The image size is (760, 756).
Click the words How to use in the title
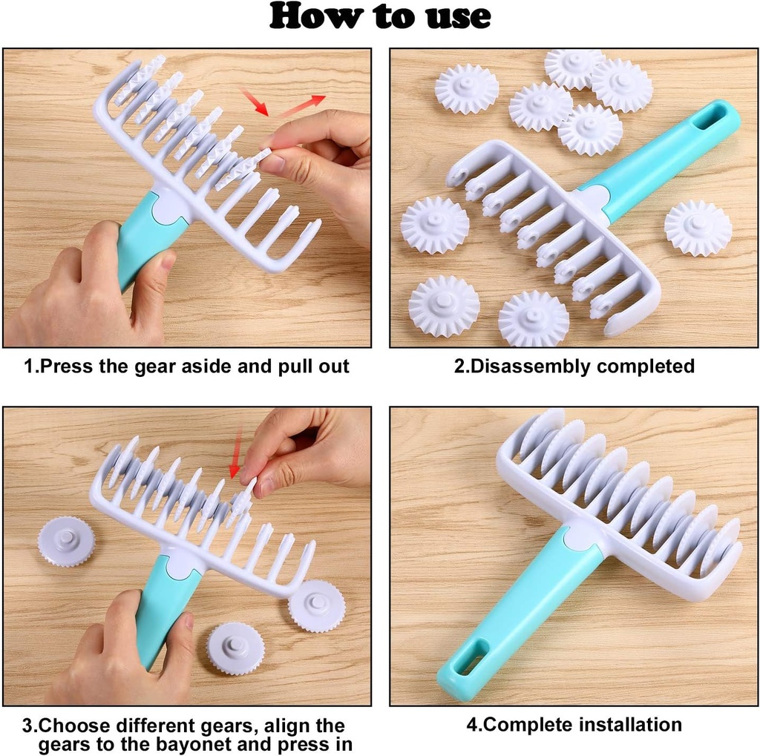pyautogui.click(x=379, y=16)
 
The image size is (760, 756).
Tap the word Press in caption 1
pyautogui.click(x=64, y=366)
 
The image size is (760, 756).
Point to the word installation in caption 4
pyautogui.click(x=620, y=724)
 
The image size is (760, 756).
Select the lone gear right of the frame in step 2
pyautogui.click(x=697, y=228)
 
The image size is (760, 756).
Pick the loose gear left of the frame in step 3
pyautogui.click(x=66, y=542)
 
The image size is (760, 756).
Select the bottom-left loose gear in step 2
pyautogui.click(x=444, y=305)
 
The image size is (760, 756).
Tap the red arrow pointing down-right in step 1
pyautogui.click(x=255, y=103)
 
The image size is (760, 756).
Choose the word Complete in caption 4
pyautogui.click(x=520, y=724)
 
